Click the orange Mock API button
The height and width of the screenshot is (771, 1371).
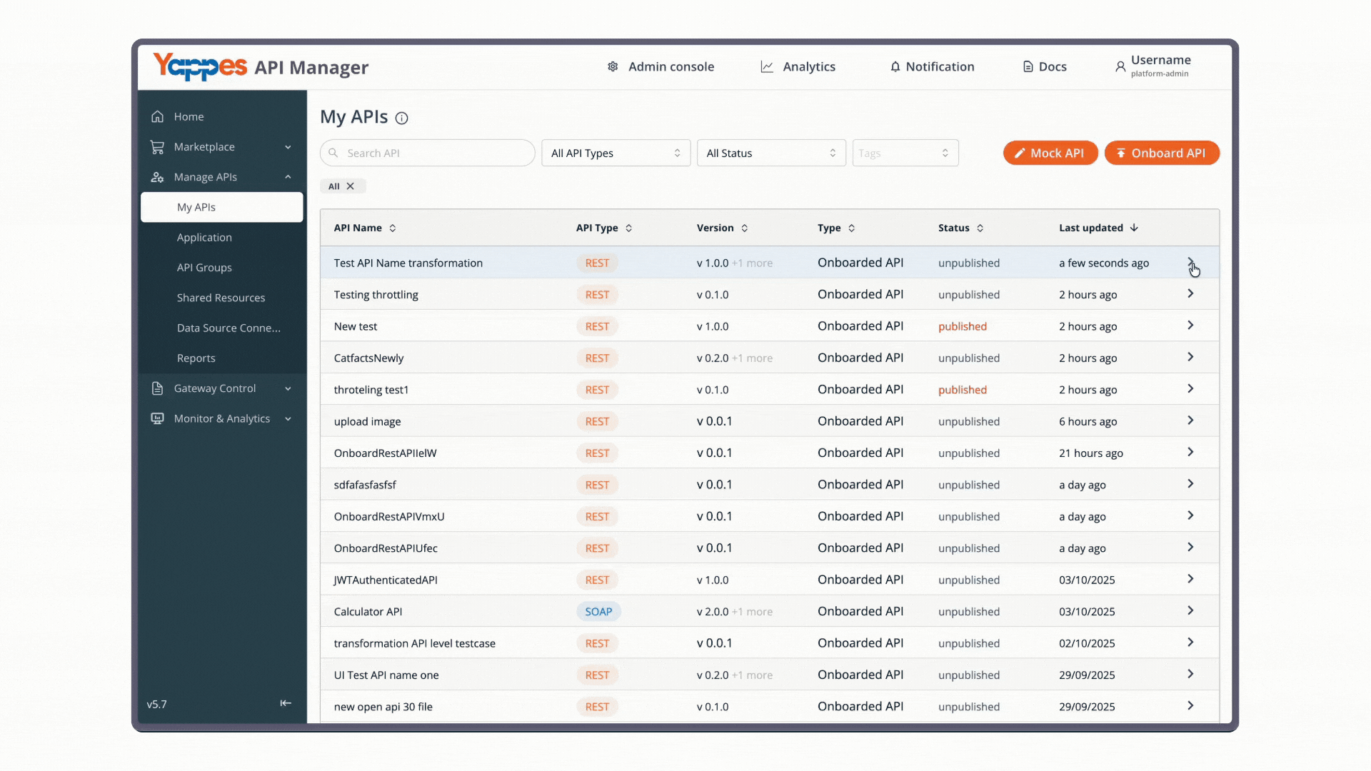tap(1050, 153)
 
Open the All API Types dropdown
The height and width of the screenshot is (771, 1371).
tap(616, 153)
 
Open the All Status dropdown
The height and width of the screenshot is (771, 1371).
tap(771, 153)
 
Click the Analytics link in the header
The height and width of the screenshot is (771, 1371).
tap(798, 66)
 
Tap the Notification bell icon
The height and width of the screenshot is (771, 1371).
tap(895, 66)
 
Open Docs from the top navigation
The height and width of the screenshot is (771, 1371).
tap(1045, 66)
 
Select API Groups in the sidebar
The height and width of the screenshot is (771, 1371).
tap(204, 268)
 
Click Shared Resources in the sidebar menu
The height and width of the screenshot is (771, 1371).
tap(221, 298)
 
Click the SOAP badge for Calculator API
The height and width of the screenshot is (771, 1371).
tap(598, 612)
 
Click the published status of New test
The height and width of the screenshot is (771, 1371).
tap(963, 326)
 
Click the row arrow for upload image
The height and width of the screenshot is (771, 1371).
tap(1190, 420)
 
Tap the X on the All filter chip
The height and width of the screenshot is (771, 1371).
tap(350, 186)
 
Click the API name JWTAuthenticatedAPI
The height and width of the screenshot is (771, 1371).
tap(386, 580)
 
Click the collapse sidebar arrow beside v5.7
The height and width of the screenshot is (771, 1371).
tap(286, 703)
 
